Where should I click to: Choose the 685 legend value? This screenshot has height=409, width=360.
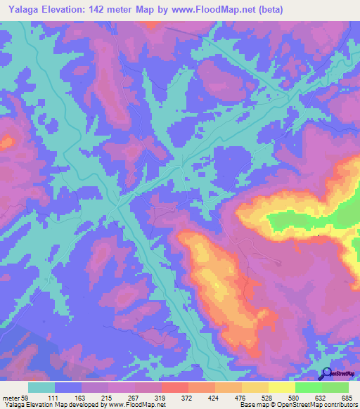[x=344, y=397]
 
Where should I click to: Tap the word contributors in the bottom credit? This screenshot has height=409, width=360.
[x=337, y=405]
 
